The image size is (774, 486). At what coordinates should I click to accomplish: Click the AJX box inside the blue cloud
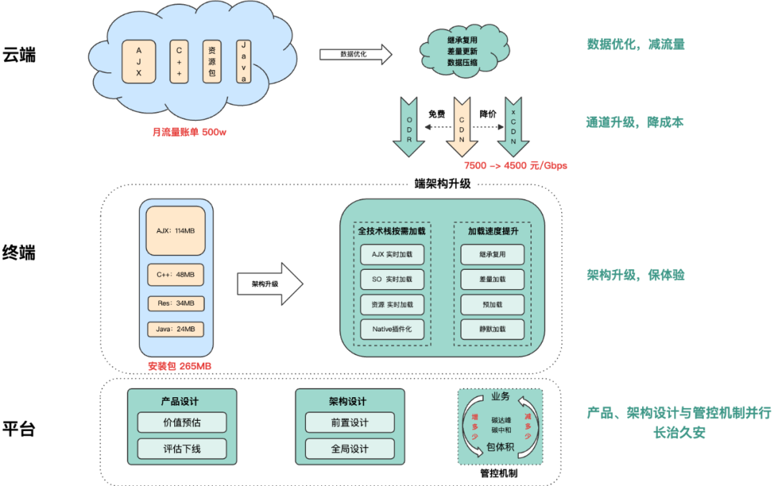(139, 62)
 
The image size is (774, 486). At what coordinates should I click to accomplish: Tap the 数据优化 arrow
(355, 54)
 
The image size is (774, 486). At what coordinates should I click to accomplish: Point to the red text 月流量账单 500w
(189, 132)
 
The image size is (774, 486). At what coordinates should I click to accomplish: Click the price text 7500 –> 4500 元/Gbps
(515, 165)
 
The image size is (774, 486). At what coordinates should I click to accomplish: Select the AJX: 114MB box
(176, 230)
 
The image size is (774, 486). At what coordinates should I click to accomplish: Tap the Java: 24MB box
(176, 329)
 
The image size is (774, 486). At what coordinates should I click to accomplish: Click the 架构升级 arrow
(269, 283)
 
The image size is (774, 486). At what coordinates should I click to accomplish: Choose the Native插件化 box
(392, 329)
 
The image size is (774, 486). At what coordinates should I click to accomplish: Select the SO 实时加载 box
(392, 279)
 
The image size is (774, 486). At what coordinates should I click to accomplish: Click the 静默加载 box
(492, 329)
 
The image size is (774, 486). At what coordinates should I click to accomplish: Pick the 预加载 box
(492, 304)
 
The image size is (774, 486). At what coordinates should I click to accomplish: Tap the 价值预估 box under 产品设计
(182, 422)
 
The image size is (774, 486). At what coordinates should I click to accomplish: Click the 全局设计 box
(350, 449)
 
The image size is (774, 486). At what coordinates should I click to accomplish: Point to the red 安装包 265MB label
(180, 366)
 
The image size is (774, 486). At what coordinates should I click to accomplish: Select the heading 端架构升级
(442, 183)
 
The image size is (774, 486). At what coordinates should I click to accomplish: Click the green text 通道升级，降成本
(635, 122)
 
